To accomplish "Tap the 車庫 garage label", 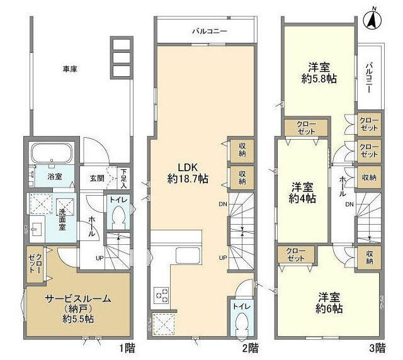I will coord(70,69).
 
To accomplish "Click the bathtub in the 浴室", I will coord(50,154).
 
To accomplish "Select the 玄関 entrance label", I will coord(96,177).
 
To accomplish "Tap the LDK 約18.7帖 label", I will coord(184,173).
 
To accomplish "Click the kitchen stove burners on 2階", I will coord(162,295).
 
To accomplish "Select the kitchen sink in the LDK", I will coord(188,256).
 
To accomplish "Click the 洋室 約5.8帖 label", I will coord(318,73).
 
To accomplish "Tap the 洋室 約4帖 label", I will coord(302,193).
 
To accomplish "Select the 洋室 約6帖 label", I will coord(329,303).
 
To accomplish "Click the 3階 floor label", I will coord(377,347).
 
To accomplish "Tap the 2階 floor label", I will coord(250,347).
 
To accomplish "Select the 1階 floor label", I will coord(125,347).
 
